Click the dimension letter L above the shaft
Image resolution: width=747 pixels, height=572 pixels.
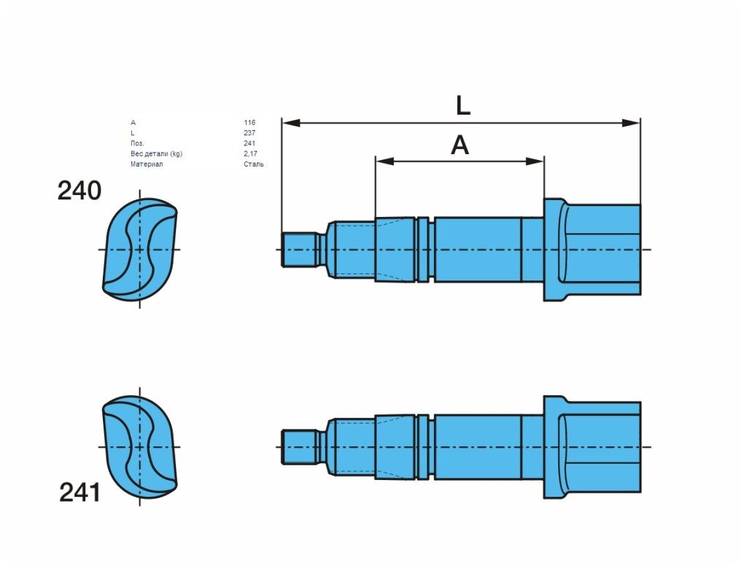(x=463, y=105)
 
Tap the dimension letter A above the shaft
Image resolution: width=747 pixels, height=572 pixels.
(x=460, y=145)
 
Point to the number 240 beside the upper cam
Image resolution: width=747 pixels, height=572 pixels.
(x=79, y=191)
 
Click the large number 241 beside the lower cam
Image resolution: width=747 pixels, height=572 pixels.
(x=80, y=492)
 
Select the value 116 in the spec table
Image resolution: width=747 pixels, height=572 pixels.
(x=249, y=123)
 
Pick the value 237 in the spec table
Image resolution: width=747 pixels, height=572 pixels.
(x=249, y=133)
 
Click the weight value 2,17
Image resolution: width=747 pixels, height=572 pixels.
(x=250, y=153)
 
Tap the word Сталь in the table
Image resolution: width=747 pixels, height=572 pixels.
(x=253, y=164)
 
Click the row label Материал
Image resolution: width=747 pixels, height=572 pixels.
(x=147, y=164)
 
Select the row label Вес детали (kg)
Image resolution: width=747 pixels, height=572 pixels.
(x=156, y=153)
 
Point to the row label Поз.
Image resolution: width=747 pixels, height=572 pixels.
(x=137, y=143)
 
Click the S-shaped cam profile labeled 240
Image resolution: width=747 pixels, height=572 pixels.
(x=140, y=250)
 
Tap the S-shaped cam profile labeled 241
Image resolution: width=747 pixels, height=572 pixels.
(x=140, y=447)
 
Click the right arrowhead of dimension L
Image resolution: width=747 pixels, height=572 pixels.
(x=632, y=123)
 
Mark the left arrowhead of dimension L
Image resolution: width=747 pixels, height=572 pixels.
(x=291, y=123)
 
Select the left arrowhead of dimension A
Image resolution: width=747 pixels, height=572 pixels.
(x=385, y=161)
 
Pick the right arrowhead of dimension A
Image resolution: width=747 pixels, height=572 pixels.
(x=535, y=161)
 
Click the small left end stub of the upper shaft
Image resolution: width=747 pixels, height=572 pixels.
(x=300, y=250)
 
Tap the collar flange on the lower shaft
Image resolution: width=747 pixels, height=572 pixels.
(x=554, y=447)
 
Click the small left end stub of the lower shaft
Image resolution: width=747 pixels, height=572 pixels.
(x=300, y=447)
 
